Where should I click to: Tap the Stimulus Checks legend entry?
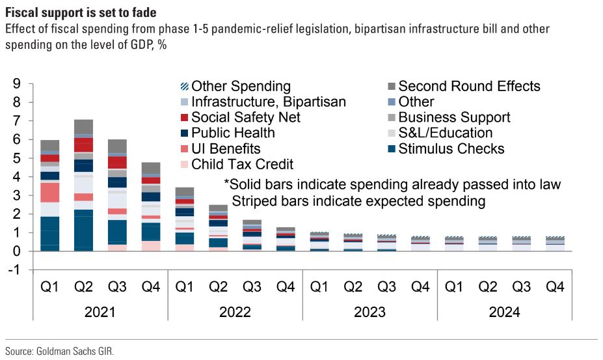[x=451, y=148]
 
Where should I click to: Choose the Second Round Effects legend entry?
[x=468, y=86]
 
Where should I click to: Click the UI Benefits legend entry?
[x=226, y=148]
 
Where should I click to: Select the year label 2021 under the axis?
[x=100, y=312]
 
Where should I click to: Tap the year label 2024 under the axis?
[x=504, y=312]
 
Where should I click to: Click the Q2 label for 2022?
[x=218, y=286]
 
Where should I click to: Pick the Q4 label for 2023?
[x=420, y=286]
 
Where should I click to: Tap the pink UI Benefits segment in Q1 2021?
[x=50, y=193]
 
